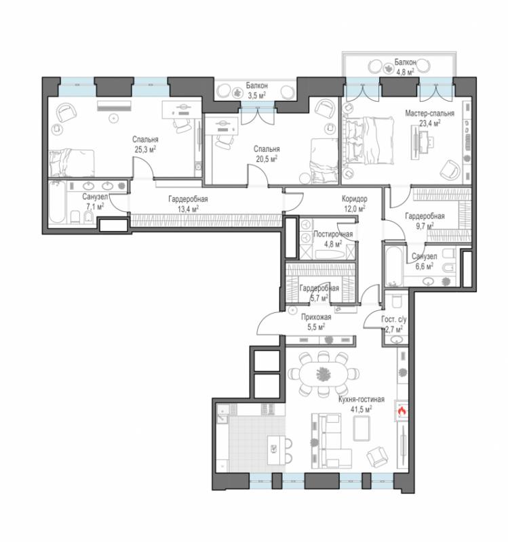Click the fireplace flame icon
402,411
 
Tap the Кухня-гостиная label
362,399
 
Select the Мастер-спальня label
429,113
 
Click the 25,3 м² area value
145,149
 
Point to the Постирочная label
333,234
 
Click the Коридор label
354,199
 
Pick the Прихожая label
316,317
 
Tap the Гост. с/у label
394,319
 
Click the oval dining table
322,374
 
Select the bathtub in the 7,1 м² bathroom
56,202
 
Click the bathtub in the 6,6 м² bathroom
394,266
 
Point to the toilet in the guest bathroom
396,301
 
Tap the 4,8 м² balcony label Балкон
405,62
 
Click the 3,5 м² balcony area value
257,95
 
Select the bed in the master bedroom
368,140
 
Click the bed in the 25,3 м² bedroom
72,163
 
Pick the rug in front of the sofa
362,428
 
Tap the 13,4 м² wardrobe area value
188,209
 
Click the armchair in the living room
377,456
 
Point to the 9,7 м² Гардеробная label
425,216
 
